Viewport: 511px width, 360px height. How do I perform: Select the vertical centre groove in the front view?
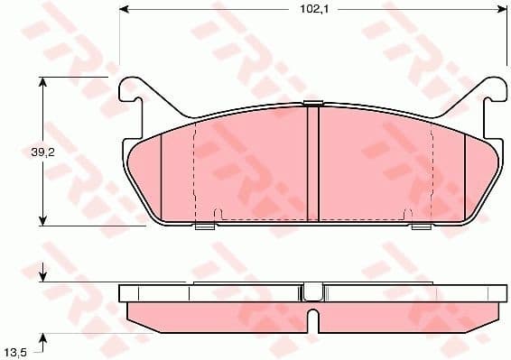(x=313, y=162)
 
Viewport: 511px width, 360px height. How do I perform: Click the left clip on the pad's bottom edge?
(x=206, y=226)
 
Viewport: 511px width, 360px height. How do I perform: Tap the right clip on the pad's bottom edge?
(x=421, y=226)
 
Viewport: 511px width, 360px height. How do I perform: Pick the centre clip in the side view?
(x=312, y=291)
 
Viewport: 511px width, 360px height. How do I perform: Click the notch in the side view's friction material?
(x=312, y=320)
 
